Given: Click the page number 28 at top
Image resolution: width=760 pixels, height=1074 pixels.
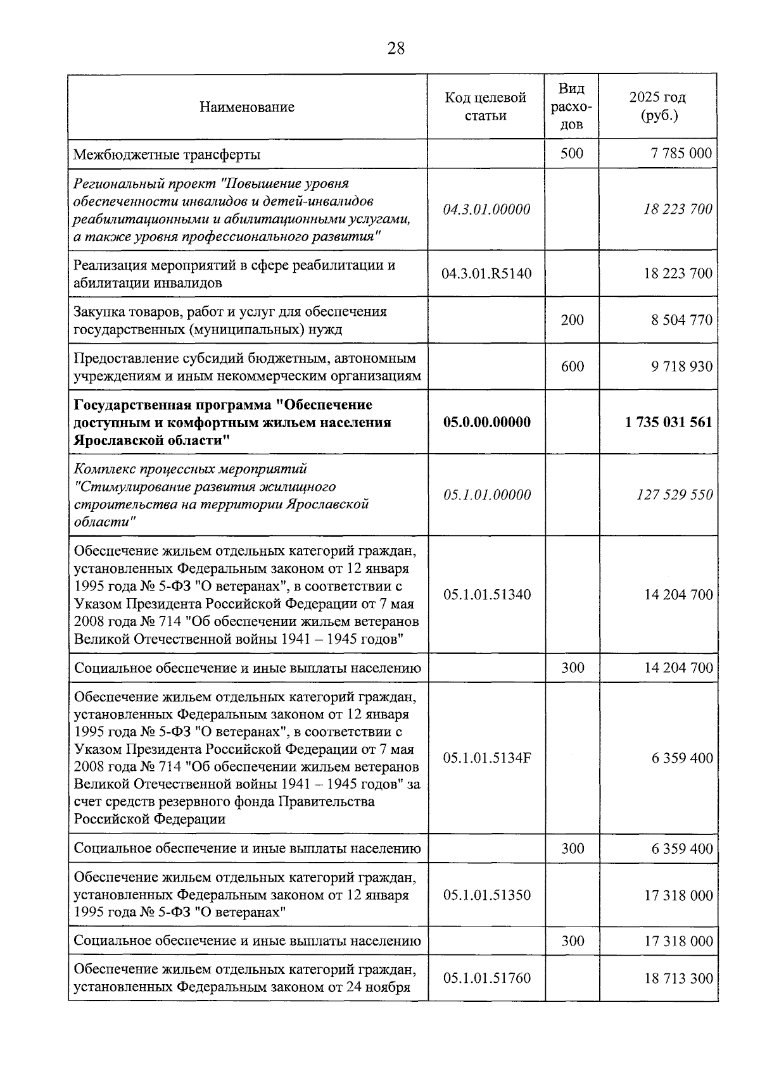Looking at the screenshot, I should pos(396,48).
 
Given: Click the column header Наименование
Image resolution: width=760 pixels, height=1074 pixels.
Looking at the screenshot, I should pos(247,107).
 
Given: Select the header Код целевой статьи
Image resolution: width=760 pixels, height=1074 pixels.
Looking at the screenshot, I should pos(486,106).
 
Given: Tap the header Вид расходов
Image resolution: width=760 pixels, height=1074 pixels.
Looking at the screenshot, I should pos(572,106).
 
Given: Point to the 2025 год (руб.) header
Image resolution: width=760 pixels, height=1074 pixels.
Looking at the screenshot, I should pos(657,106).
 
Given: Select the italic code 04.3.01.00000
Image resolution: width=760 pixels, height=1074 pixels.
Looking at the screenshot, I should pos(486,209).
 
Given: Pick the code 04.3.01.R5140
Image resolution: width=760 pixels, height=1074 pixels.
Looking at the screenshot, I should pos(486,273).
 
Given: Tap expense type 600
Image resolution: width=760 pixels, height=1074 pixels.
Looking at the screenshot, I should pos(573,366).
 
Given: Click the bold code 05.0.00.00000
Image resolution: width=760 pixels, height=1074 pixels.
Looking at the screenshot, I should pos(486,422).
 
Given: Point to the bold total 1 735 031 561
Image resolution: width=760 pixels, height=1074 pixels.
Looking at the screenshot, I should pos(668,422).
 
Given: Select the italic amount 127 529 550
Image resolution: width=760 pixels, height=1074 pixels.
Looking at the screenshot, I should pos(674,495).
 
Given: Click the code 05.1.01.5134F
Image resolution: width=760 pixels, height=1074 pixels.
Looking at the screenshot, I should pos(486,758).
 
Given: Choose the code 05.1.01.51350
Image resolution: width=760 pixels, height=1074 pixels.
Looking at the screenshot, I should pos(486,896).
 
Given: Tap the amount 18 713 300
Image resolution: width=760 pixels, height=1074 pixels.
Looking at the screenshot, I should pos(678,978).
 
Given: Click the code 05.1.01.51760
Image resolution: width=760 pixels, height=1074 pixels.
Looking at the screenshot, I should pos(486,978).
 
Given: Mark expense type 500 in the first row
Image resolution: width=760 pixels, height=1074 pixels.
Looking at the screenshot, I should pos(572,153).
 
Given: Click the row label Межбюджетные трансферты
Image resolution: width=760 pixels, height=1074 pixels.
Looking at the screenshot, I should pos(167,154).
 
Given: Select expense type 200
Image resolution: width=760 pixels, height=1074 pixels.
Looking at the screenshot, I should pos(573,320).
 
